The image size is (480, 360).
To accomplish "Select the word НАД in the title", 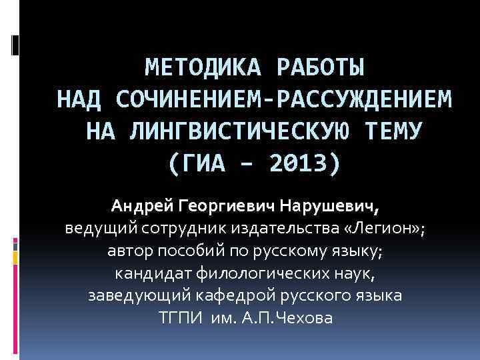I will tap(79, 99).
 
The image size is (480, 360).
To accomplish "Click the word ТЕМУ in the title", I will tap(393, 131).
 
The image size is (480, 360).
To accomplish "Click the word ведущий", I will tap(101, 229).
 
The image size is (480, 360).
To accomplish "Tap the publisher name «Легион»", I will tap(388, 229).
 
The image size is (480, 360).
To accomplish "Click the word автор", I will tap(129, 251).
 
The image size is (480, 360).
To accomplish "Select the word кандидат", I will tap(147, 274).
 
